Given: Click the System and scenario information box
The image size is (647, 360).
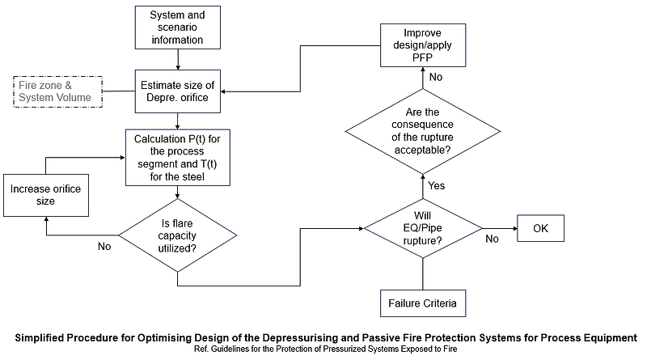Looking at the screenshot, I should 177,28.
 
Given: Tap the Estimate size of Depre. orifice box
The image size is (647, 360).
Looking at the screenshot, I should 177,91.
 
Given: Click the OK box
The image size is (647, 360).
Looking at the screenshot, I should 540,228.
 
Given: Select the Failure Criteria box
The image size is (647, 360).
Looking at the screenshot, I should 421,303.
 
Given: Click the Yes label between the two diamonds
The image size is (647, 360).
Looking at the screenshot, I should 437,186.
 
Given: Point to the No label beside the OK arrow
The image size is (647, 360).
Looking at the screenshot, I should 492,239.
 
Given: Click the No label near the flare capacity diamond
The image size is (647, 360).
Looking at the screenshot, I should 104,245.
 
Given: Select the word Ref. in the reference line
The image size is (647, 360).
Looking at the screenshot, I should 201,349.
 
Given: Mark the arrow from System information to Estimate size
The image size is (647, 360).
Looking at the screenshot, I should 177,60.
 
